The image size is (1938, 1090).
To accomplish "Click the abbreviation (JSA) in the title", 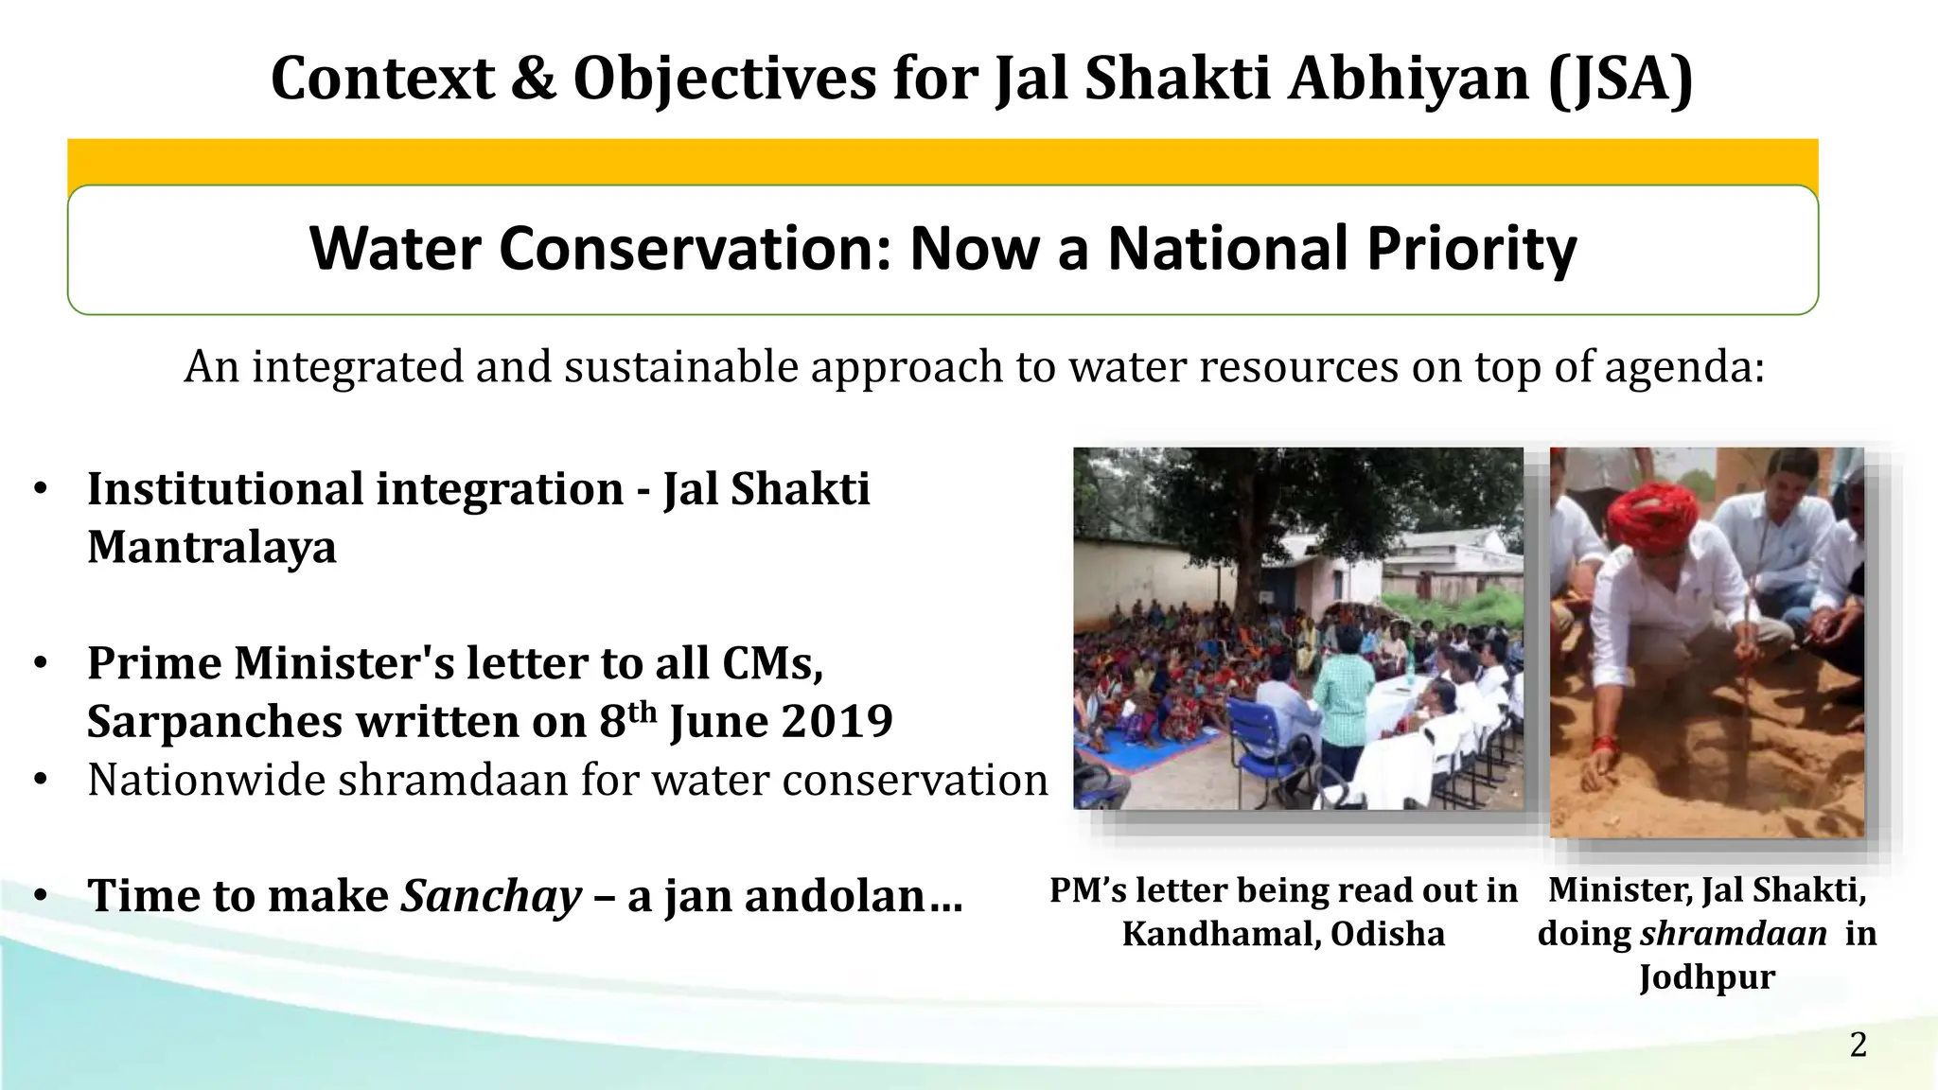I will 1620,79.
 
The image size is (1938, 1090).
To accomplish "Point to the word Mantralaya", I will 212,547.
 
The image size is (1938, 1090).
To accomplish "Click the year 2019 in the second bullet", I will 837,722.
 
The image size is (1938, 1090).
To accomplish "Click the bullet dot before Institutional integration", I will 40,490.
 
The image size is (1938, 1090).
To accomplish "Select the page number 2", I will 1858,1046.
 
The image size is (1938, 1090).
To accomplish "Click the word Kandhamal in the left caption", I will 1221,935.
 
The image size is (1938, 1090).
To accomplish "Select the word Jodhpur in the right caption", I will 1706,976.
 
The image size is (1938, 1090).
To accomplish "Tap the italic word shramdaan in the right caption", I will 1733,934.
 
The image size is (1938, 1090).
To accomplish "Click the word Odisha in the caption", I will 1387,935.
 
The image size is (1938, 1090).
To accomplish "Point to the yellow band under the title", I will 943,161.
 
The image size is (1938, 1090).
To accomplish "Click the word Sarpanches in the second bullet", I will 214,722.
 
